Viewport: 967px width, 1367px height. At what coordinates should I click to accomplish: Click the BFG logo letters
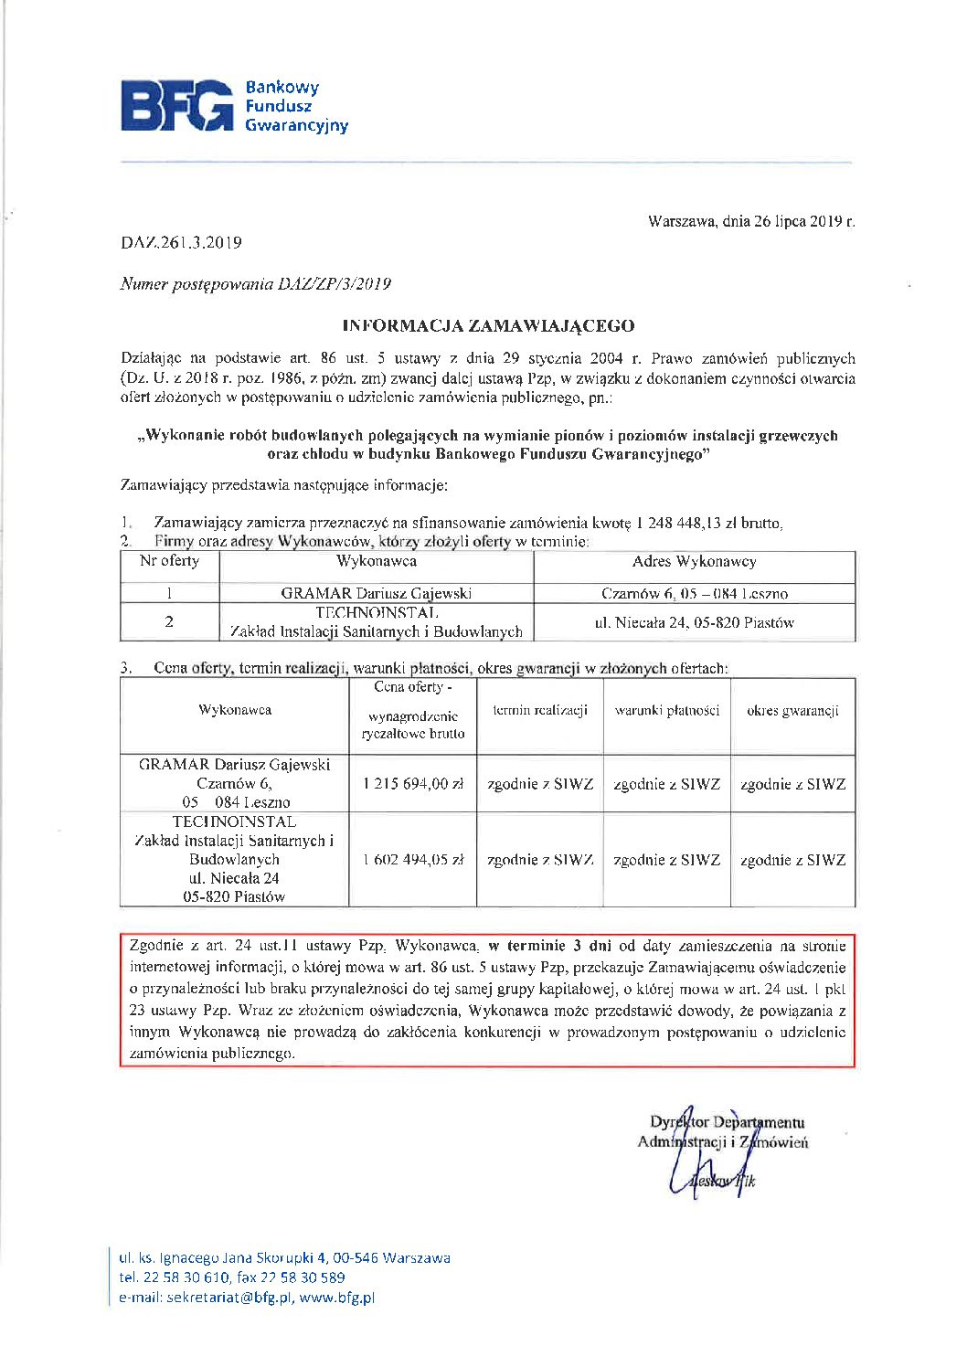(x=177, y=106)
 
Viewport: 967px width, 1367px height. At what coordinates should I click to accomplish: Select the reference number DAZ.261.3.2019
(x=181, y=243)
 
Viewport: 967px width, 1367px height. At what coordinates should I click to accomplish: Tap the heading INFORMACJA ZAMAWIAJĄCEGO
(x=488, y=325)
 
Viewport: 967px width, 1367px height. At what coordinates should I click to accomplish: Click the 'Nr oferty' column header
(x=169, y=561)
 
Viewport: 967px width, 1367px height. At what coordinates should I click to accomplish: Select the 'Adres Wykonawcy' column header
(x=694, y=562)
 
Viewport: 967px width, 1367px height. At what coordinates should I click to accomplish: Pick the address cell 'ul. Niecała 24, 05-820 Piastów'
(x=694, y=622)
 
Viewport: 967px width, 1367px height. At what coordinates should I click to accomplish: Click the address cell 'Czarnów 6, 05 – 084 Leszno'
(x=694, y=594)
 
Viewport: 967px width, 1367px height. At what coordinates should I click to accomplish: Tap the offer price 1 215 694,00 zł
(x=412, y=784)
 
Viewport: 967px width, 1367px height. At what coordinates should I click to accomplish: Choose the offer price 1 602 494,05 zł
(x=412, y=860)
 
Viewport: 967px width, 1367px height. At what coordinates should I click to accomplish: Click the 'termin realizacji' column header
(x=539, y=711)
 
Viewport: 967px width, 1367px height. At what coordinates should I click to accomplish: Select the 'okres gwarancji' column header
(x=792, y=711)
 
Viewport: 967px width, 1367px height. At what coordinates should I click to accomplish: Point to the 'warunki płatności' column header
(x=667, y=711)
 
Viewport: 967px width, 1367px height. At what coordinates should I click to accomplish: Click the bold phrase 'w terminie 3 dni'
(x=549, y=947)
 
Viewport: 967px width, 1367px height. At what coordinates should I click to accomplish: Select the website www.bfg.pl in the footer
(x=337, y=1298)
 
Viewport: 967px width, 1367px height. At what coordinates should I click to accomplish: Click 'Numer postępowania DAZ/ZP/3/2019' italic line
(x=256, y=284)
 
